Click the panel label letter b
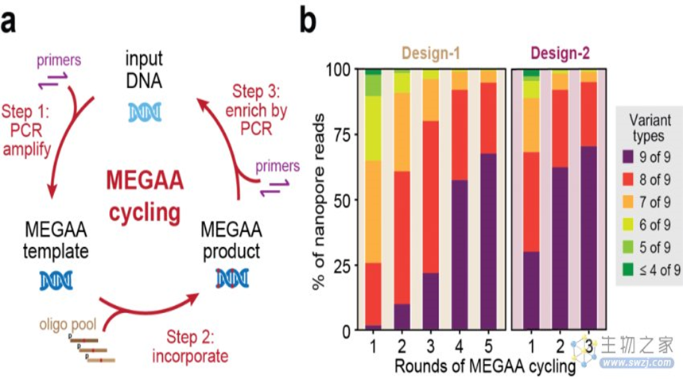[x=308, y=21]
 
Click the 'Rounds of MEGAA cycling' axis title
[x=483, y=367]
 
